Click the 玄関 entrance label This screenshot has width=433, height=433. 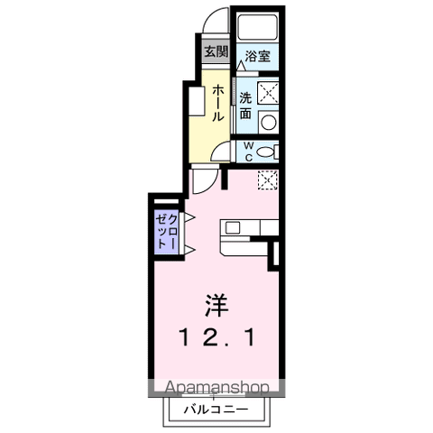[x=215, y=52]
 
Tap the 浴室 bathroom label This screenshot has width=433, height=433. [x=257, y=56]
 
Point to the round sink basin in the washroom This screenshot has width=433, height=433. [x=268, y=120]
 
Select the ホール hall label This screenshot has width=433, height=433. [x=218, y=104]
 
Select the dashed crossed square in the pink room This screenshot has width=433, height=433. [x=268, y=180]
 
